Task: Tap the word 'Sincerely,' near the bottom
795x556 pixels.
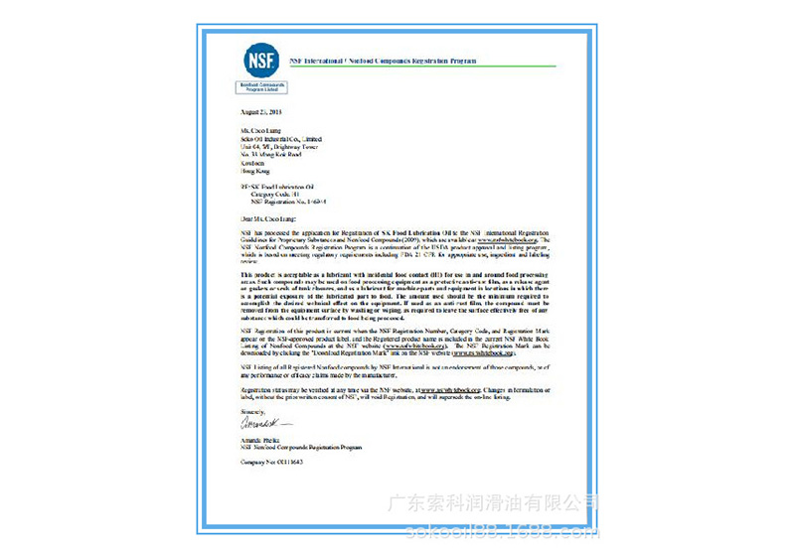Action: tap(254, 410)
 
